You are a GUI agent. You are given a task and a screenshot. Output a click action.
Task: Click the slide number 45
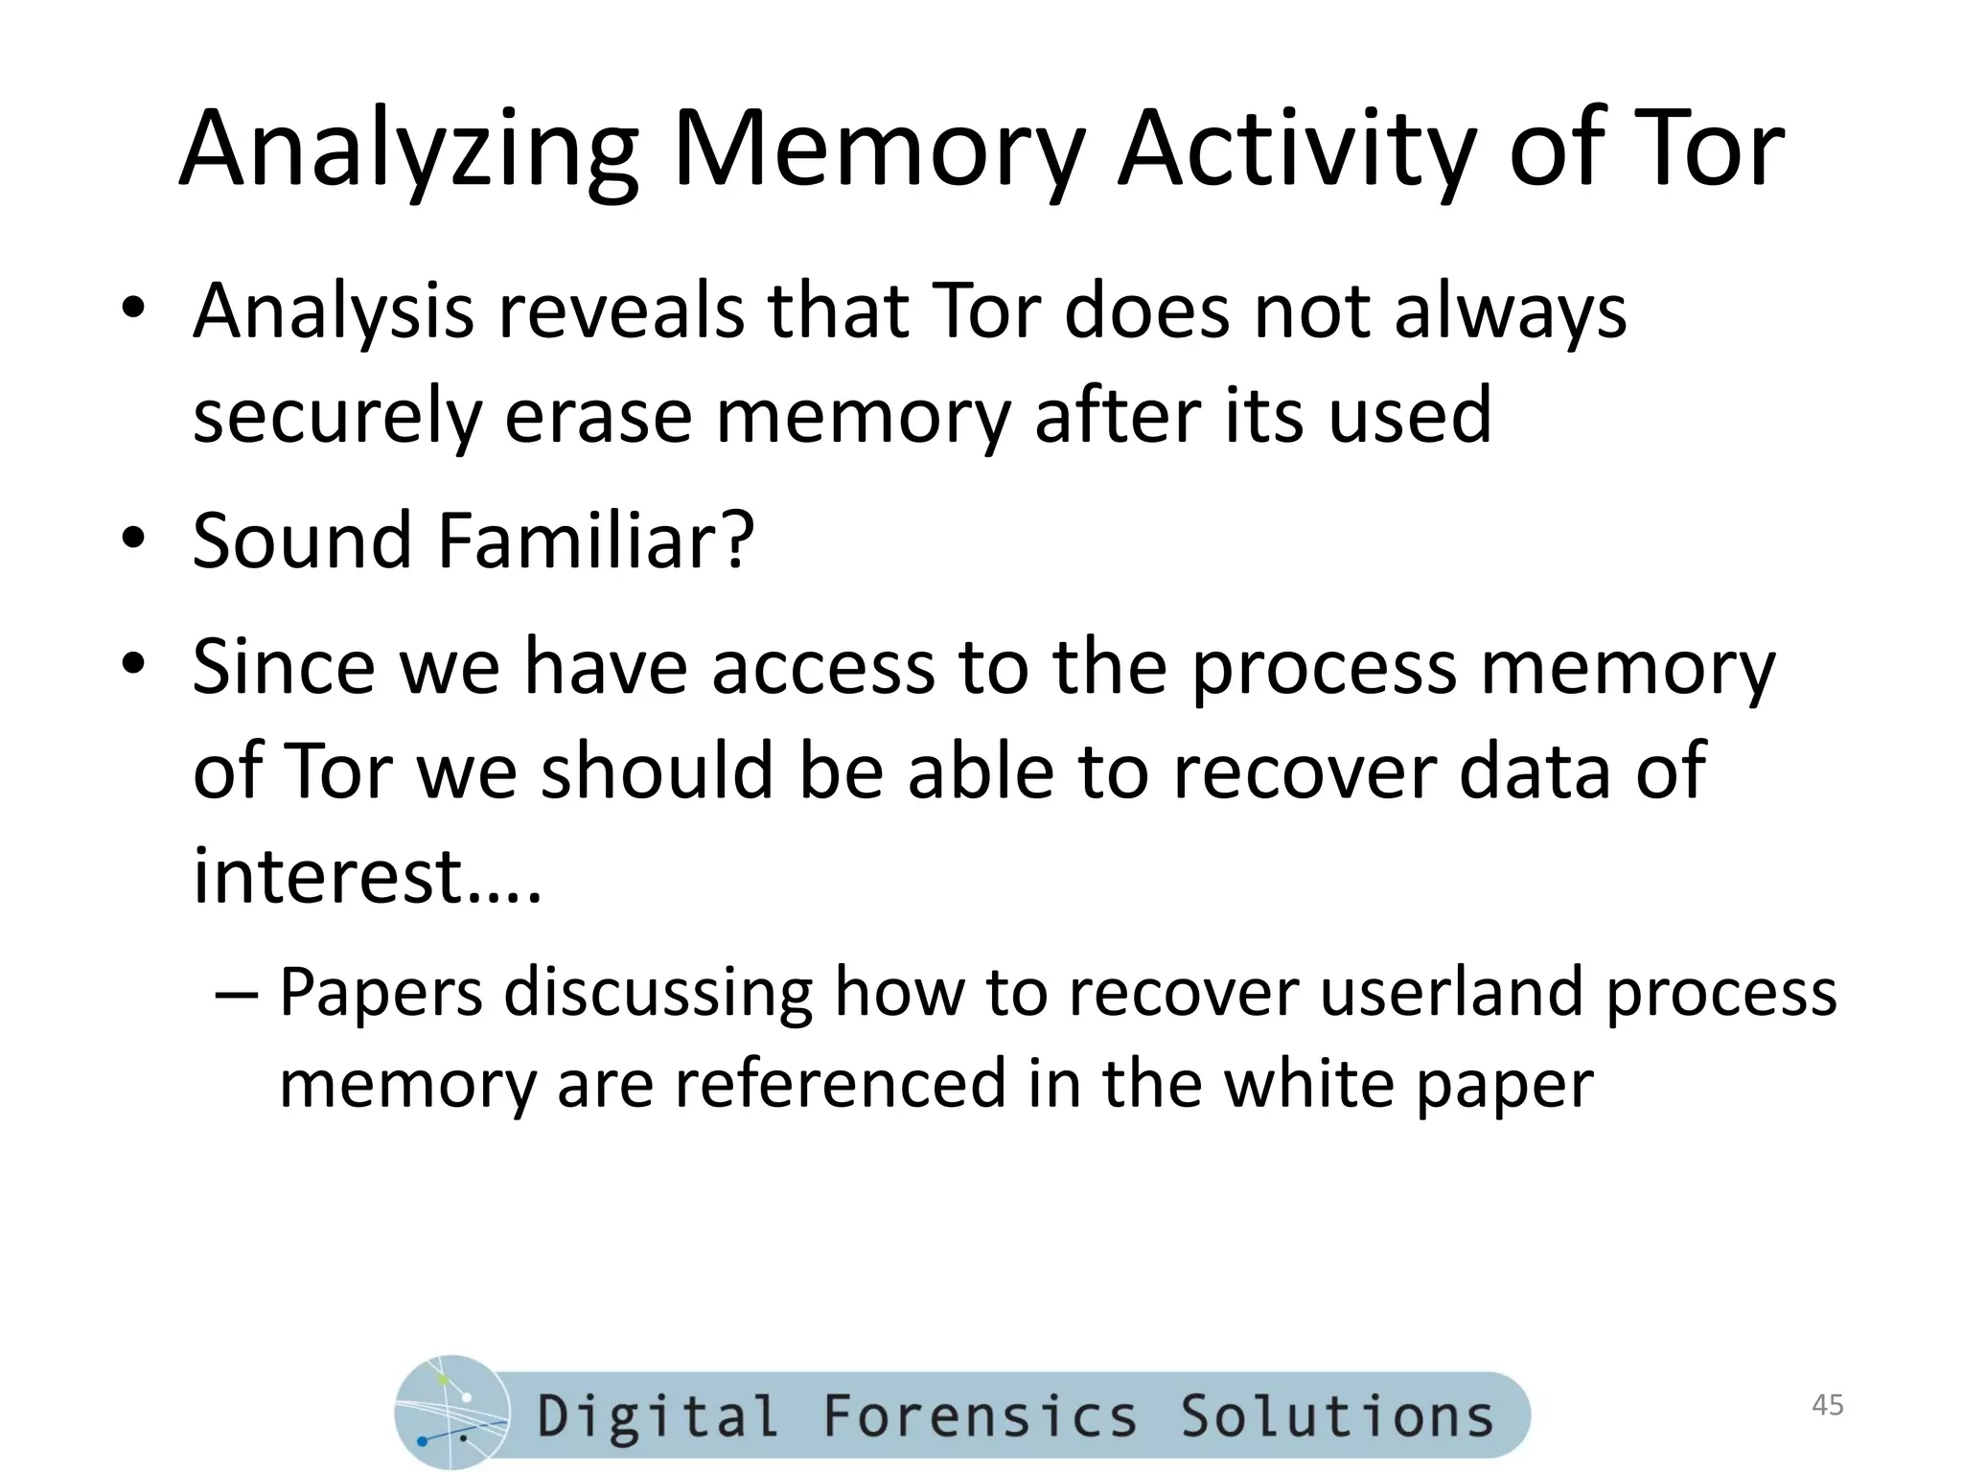pyautogui.click(x=1828, y=1405)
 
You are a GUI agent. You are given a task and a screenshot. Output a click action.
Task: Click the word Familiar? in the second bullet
pyautogui.click(x=595, y=540)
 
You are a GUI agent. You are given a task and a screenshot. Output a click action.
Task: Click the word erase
pyautogui.click(x=597, y=416)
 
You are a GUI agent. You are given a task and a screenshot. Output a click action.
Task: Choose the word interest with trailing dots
pyautogui.click(x=367, y=875)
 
